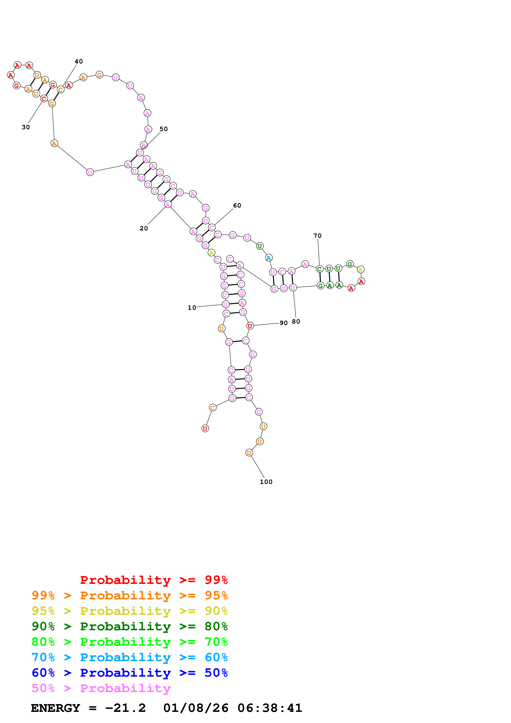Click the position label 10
(192, 308)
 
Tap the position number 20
(144, 228)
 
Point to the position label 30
(26, 127)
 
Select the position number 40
(79, 61)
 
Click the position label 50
(163, 129)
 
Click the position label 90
(283, 323)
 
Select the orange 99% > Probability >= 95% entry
(129, 595)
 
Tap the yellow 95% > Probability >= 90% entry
(129, 611)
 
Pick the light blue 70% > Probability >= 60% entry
(129, 657)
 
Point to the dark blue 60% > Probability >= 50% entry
(129, 673)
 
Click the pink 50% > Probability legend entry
(101, 688)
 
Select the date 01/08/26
(196, 708)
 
